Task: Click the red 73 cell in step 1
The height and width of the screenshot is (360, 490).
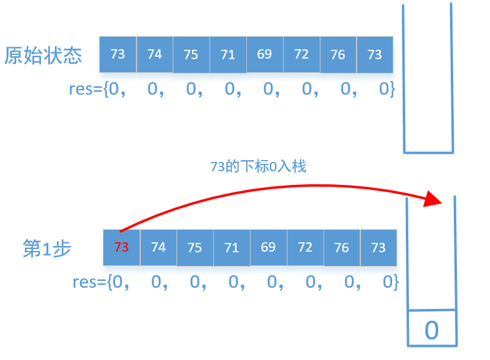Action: coord(122,247)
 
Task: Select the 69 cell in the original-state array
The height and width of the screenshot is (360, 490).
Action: coord(265,54)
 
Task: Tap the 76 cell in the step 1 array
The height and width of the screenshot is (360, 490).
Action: coord(342,247)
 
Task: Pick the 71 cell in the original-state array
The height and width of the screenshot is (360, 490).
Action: coord(228,54)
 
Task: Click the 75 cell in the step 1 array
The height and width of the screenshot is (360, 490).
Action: coord(195,247)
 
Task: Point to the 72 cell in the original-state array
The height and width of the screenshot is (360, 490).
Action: coord(302,54)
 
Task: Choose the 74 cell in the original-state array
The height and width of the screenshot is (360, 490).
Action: coord(155,54)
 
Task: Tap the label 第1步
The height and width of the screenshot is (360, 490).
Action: coord(47,249)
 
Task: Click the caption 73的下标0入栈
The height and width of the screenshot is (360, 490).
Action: coord(258,166)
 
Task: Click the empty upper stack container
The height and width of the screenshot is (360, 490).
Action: coord(428,81)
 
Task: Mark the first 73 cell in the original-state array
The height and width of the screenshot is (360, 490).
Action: coord(118,54)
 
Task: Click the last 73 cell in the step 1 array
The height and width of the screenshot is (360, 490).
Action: coord(378,247)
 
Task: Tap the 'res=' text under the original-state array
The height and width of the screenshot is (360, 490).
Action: coord(86,89)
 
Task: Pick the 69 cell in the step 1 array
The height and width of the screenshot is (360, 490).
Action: coord(268,247)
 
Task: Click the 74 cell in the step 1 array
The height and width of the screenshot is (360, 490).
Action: coord(158,247)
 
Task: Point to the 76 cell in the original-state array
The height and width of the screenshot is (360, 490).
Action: coord(338,54)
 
